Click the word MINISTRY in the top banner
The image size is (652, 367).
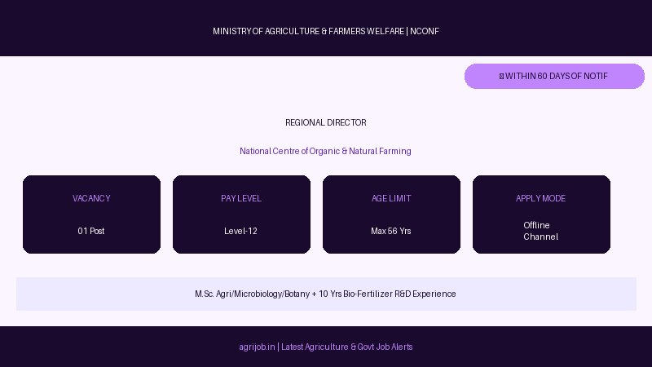tap(232, 31)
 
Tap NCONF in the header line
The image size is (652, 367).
tap(425, 31)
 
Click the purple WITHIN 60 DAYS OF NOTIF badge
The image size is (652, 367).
tap(554, 76)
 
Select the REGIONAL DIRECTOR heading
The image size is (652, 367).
tap(326, 123)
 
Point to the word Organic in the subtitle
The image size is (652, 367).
tap(324, 151)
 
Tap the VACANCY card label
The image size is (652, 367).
tap(91, 198)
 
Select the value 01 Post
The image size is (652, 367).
tap(91, 231)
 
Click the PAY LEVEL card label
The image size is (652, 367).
tap(241, 198)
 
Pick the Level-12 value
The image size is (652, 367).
tap(240, 231)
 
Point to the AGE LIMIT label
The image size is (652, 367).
tap(391, 198)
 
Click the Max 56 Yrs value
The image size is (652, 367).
tap(391, 231)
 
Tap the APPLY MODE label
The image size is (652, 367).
tap(541, 198)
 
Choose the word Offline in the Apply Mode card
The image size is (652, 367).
tap(536, 225)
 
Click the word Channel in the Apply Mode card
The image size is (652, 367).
tap(540, 237)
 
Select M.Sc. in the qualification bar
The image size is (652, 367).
tap(205, 294)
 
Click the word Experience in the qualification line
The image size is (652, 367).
tap(434, 294)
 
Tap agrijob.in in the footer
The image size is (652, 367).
tap(257, 347)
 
